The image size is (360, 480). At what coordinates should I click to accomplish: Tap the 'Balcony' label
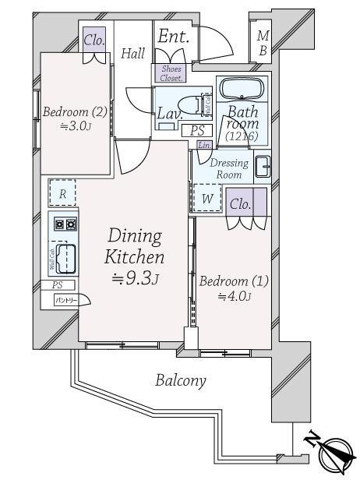[180, 381]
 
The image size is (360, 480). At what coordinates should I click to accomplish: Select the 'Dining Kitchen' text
[136, 246]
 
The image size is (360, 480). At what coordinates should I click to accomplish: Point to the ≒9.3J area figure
[135, 279]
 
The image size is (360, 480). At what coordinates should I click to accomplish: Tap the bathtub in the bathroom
[242, 87]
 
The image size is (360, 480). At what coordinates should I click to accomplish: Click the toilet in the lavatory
[191, 104]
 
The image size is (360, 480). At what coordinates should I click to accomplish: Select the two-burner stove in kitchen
[64, 225]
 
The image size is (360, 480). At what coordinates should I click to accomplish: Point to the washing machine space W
[207, 198]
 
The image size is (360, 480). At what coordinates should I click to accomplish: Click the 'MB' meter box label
[263, 42]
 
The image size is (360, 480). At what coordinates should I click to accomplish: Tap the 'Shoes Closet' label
[171, 73]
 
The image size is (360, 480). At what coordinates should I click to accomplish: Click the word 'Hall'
[133, 53]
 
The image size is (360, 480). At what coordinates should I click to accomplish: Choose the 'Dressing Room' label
[230, 169]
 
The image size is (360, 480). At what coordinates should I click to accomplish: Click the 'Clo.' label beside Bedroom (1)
[242, 204]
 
